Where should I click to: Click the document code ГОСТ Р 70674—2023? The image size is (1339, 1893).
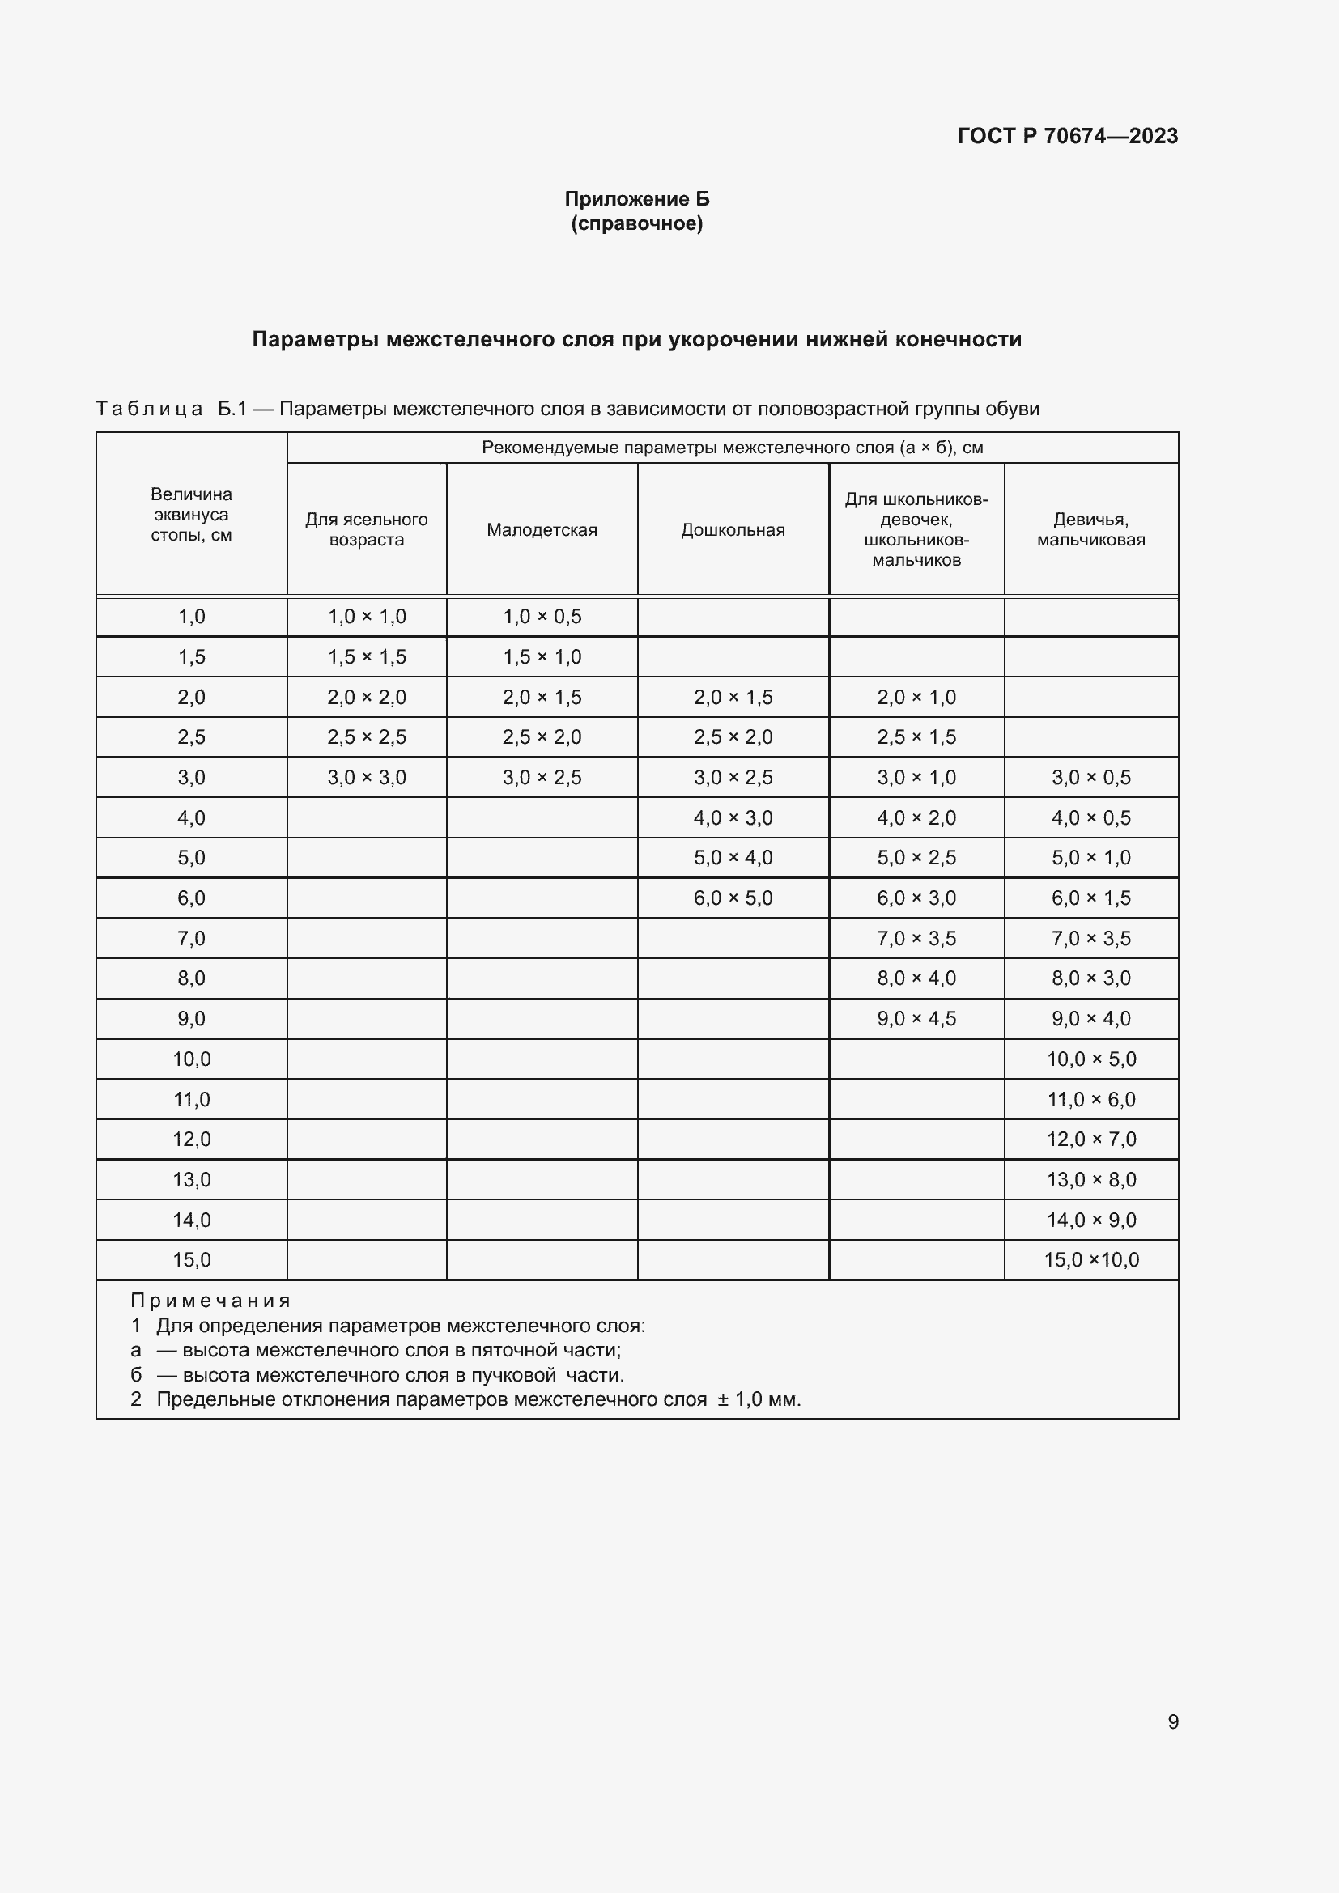[1067, 136]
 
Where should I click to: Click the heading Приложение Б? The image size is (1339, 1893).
[636, 199]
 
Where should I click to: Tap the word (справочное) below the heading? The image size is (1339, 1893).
[636, 223]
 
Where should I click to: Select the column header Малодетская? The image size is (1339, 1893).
[542, 530]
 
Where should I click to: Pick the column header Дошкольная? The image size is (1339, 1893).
[732, 530]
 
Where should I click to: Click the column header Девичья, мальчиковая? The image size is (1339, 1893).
[1090, 529]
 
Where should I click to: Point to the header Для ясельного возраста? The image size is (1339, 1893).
[366, 529]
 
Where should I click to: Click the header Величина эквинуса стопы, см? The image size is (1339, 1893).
[190, 515]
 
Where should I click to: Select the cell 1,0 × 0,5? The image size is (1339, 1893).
[542, 617]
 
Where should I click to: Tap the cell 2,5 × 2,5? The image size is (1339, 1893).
[366, 737]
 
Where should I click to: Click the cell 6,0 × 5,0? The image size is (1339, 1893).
[732, 898]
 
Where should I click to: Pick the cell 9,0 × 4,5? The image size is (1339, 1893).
[916, 1018]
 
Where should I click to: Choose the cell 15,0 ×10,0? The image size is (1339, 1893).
[1090, 1260]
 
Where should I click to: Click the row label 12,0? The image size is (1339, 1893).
[191, 1140]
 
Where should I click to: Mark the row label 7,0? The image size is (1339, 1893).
[191, 938]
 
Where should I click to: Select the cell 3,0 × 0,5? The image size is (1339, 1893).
[1090, 778]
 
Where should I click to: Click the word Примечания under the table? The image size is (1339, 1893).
[210, 1301]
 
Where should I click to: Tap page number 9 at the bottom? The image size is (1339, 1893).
[1172, 1721]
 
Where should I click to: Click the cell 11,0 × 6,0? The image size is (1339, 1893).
[1090, 1099]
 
